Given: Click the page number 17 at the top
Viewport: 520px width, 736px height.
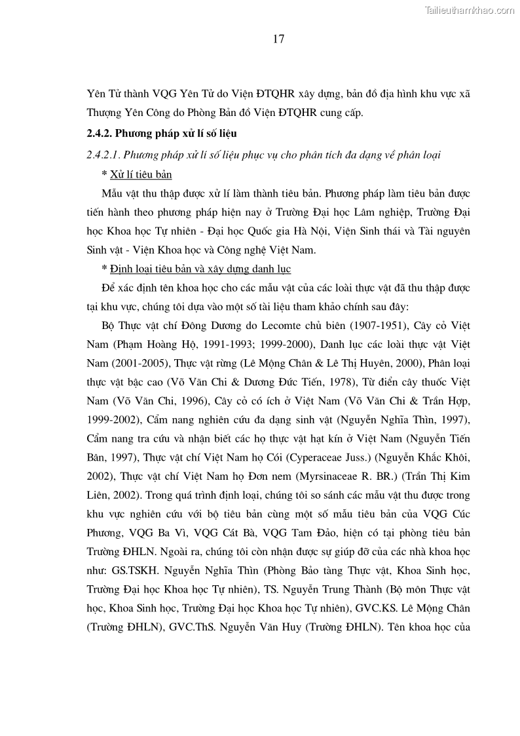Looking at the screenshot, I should coord(278,39).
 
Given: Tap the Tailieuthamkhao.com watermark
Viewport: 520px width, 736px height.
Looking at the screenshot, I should coord(470,10).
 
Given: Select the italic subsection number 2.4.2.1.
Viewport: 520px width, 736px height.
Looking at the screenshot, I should coord(102,155).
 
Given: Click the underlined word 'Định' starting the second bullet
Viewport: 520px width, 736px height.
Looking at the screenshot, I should coord(121,269).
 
